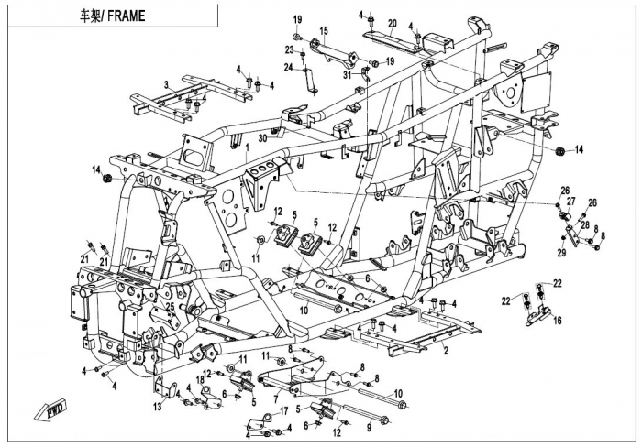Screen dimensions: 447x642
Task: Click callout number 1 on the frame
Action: coord(247,147)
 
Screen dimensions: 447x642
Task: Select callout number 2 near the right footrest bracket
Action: coord(446,350)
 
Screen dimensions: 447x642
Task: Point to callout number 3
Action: coord(165,85)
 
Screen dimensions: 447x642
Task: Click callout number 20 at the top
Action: coord(393,23)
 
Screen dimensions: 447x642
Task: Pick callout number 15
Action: coord(323,31)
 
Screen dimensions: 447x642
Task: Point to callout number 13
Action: coord(158,406)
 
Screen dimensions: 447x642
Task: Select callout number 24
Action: coord(288,67)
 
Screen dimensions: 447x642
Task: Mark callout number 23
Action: coord(289,49)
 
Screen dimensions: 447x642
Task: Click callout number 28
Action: coord(583,225)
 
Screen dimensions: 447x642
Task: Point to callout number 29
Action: coord(561,252)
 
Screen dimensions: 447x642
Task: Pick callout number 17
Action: coord(284,410)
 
